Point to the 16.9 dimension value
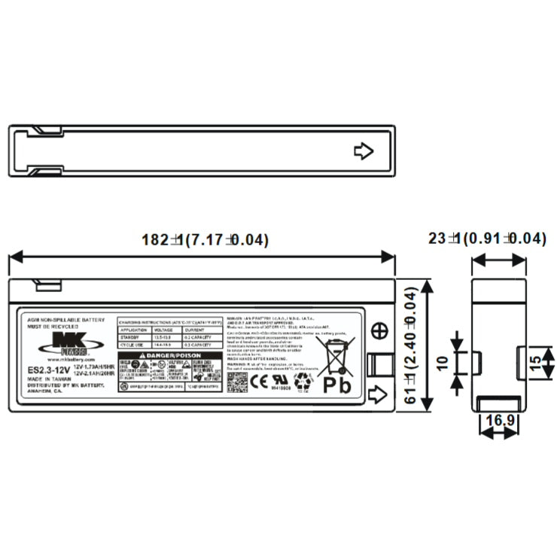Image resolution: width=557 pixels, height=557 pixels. (x=500, y=419)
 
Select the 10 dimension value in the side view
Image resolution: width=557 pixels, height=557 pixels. (x=443, y=362)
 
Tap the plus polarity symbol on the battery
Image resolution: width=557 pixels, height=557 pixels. (x=380, y=330)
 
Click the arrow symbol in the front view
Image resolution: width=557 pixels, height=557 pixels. (x=379, y=393)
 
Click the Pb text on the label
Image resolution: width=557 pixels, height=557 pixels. (x=336, y=384)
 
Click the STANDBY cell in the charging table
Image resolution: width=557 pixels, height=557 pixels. (x=132, y=338)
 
